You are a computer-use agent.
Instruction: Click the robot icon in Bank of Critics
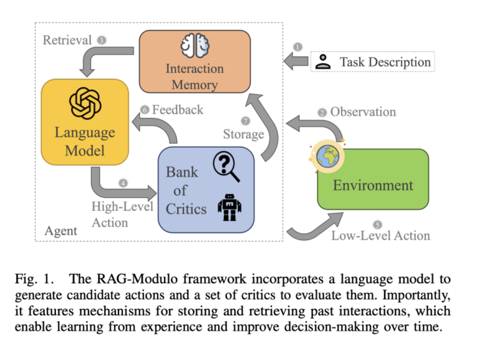229,206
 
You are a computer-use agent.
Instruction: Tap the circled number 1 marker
297,47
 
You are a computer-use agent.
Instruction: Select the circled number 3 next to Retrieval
102,40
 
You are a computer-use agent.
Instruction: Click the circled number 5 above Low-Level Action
376,224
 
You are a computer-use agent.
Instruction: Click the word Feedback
177,109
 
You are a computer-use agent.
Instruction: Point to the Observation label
363,112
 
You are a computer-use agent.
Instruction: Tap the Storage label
243,134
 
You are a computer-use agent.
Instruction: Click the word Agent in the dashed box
61,231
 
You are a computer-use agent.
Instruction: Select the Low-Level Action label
380,235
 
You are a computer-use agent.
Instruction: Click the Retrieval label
67,40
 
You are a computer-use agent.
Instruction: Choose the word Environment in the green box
373,185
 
